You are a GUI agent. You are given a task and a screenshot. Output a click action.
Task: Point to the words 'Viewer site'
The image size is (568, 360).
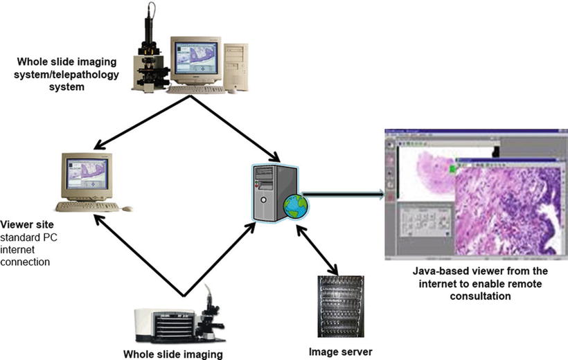pyautogui.click(x=28, y=225)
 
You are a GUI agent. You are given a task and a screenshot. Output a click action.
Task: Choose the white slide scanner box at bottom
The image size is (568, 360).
pyautogui.click(x=163, y=323)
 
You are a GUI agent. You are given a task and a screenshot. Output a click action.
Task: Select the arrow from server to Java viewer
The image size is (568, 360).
pyautogui.click(x=343, y=195)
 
